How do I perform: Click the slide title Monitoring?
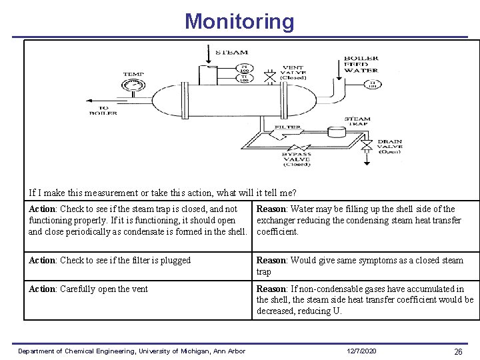(x=239, y=21)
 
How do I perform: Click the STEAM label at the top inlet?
(x=232, y=52)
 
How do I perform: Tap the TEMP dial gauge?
(x=133, y=85)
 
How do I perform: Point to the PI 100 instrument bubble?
(x=245, y=67)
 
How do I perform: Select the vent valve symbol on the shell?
(x=269, y=78)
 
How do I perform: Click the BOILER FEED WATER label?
(x=361, y=64)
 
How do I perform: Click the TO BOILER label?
(x=103, y=110)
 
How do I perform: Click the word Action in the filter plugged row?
(x=43, y=260)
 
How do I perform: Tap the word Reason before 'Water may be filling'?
(x=272, y=209)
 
